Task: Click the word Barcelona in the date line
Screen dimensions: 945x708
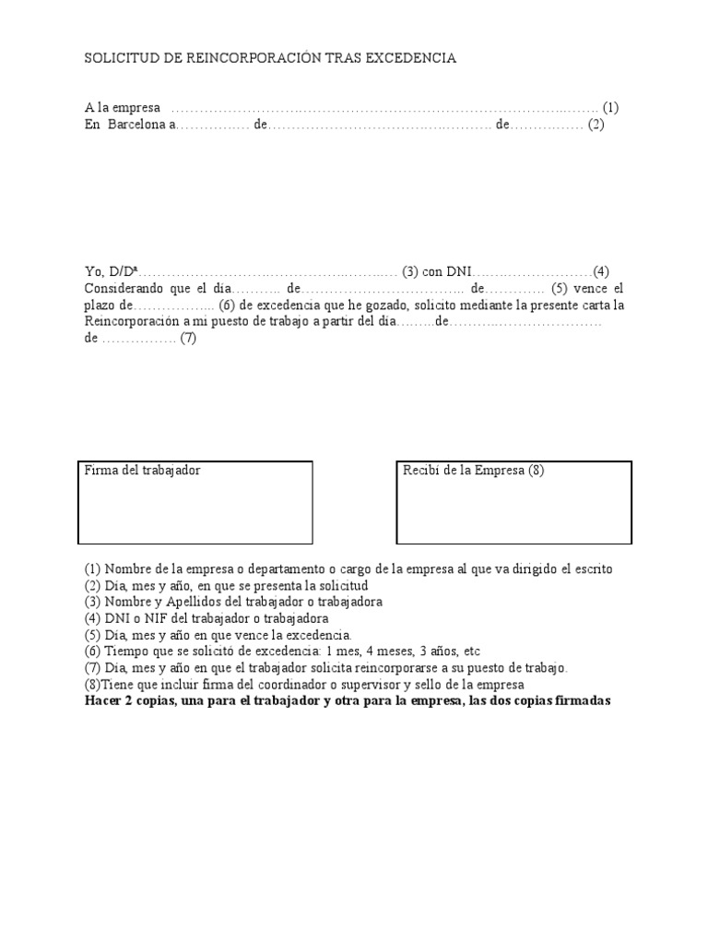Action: pyautogui.click(x=136, y=125)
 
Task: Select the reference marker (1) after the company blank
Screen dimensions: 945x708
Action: pyautogui.click(x=611, y=108)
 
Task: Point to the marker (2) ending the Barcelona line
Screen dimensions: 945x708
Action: pyautogui.click(x=596, y=125)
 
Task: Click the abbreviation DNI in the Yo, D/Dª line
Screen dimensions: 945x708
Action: pyautogui.click(x=459, y=271)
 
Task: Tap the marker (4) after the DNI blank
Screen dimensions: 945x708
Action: pyautogui.click(x=601, y=271)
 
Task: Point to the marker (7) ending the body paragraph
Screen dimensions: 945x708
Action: pyautogui.click(x=188, y=338)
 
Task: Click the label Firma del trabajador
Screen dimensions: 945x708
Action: pyautogui.click(x=142, y=471)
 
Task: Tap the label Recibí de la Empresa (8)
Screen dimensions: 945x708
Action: pyautogui.click(x=474, y=471)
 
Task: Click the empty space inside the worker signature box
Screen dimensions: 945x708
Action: pyautogui.click(x=195, y=512)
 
